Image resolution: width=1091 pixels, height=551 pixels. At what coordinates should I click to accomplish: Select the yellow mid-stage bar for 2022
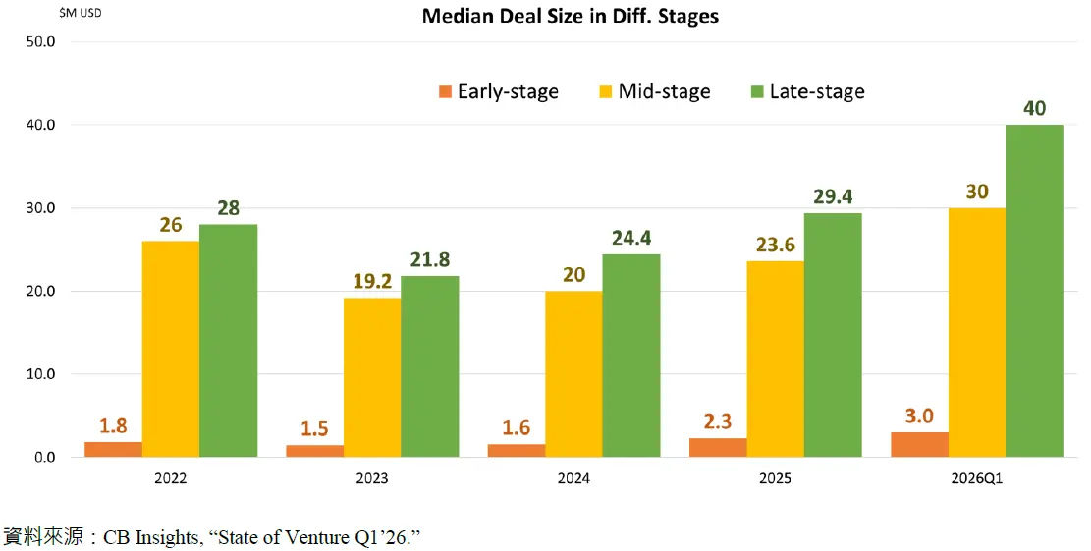click(171, 349)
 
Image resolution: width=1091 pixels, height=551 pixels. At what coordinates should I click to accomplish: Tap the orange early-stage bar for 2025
click(718, 448)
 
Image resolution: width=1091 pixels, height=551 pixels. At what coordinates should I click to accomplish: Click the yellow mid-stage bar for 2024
click(573, 374)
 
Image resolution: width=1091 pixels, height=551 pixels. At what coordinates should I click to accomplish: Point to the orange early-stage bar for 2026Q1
click(920, 445)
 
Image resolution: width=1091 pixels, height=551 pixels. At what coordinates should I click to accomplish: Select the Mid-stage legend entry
click(654, 92)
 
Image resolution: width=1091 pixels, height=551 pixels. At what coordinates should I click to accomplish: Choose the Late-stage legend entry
click(806, 92)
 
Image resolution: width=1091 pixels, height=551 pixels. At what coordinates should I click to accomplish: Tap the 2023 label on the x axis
click(372, 479)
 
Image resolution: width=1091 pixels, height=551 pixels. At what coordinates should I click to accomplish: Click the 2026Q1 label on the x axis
click(977, 479)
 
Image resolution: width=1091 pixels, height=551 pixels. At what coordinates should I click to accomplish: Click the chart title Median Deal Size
click(571, 17)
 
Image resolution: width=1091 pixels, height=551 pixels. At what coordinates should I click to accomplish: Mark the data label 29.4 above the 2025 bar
click(833, 197)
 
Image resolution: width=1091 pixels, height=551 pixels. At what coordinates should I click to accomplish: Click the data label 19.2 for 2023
click(372, 281)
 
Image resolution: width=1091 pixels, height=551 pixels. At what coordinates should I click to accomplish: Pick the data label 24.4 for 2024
click(631, 239)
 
